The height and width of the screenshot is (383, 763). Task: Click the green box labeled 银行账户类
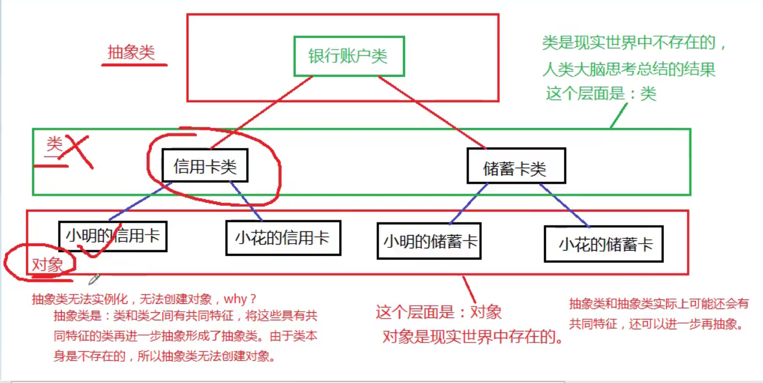tap(349, 56)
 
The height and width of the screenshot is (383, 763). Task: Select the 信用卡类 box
tap(205, 166)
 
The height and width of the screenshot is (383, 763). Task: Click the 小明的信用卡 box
tap(112, 236)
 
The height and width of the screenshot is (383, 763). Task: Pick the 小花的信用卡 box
tap(283, 238)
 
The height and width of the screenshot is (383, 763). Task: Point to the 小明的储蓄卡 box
tap(429, 241)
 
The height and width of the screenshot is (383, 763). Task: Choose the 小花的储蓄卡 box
tap(603, 244)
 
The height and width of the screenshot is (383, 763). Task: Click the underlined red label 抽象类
tap(131, 53)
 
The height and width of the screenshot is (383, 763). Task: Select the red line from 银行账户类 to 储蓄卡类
tap(432, 112)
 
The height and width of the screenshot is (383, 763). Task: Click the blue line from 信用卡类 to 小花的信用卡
tap(246, 201)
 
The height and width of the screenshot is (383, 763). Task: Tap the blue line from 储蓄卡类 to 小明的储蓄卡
tap(469, 203)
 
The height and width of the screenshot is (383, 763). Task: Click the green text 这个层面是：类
tap(601, 94)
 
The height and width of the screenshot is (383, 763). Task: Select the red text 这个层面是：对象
tap(438, 312)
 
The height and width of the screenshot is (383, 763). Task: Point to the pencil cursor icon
tap(94, 278)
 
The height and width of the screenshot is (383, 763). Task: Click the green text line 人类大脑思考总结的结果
tap(629, 69)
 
